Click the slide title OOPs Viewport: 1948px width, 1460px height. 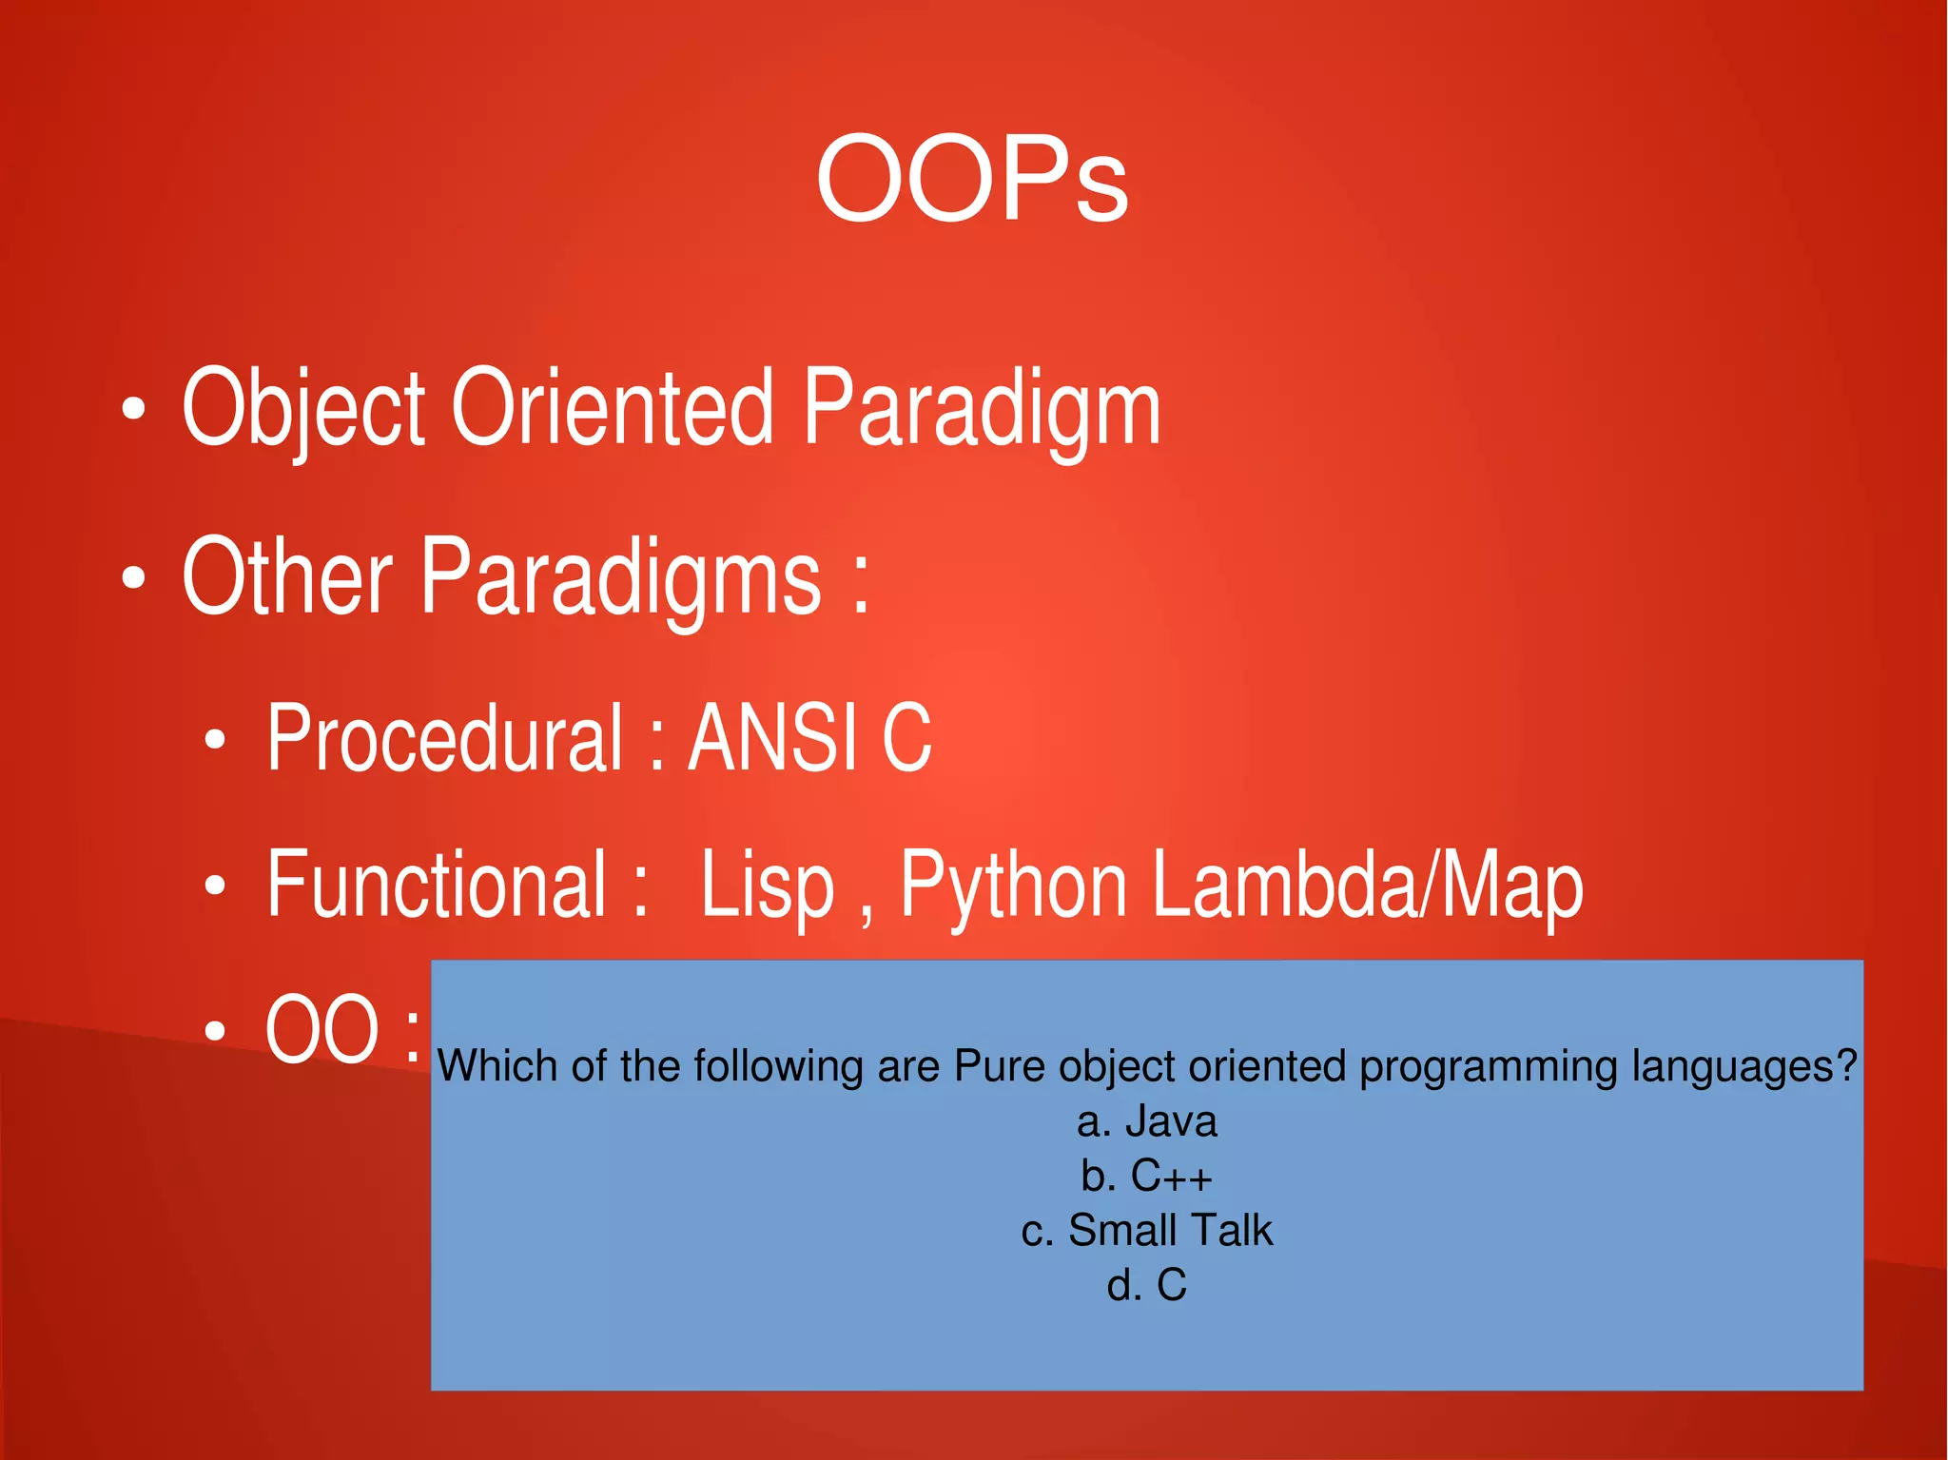tap(972, 179)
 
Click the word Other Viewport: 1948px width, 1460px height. tap(286, 576)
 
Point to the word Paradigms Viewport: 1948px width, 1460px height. tap(620, 576)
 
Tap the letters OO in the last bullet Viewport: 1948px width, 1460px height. tap(322, 1029)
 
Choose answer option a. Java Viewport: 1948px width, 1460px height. tap(1146, 1121)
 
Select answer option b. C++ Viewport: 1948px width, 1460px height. tap(1146, 1177)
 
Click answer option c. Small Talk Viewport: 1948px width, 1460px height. tap(1146, 1231)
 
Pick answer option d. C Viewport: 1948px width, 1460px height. tap(1146, 1286)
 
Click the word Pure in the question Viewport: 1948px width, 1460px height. tap(1000, 1066)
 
